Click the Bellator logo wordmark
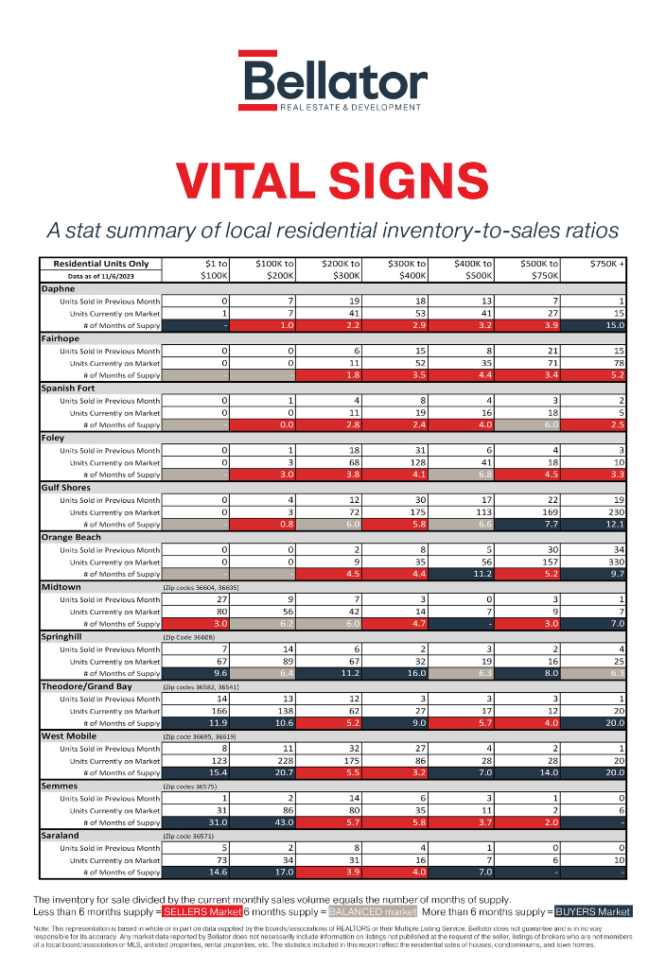[x=332, y=79]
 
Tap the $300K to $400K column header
[x=408, y=269]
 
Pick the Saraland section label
[x=61, y=836]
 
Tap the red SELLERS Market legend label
[x=202, y=912]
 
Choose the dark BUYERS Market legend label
[x=593, y=912]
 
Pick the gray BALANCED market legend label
[x=372, y=912]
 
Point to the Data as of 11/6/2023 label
[x=100, y=276]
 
